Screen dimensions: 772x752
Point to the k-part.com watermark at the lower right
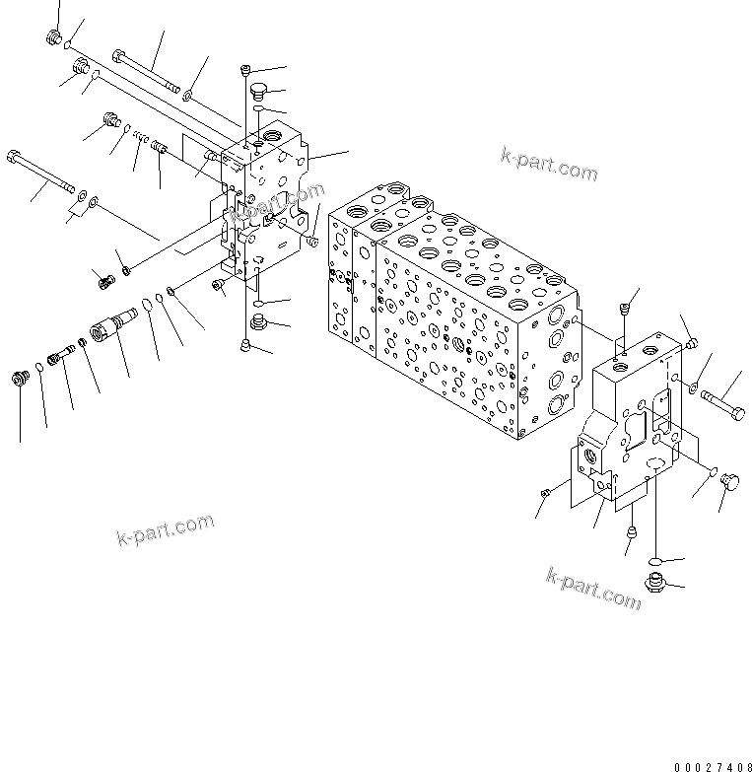[x=592, y=587]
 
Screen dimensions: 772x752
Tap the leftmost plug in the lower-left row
[x=19, y=379]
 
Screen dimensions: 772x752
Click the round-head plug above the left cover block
[x=259, y=93]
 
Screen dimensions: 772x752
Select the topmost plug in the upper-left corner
[x=54, y=38]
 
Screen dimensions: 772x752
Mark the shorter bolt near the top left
[x=147, y=69]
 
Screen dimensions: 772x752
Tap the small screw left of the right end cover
[x=544, y=492]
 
